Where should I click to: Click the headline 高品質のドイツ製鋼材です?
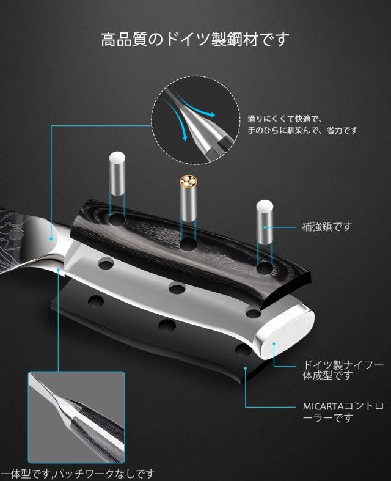(x=195, y=40)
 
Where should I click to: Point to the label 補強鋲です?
(x=327, y=227)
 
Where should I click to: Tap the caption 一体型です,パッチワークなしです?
(x=78, y=474)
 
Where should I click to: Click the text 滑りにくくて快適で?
(x=285, y=119)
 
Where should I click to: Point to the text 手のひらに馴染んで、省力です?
(x=302, y=130)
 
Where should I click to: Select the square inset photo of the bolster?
(x=76, y=418)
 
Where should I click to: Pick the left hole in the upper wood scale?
(x=117, y=218)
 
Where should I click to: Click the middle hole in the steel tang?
(x=177, y=288)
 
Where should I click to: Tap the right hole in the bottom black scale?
(x=243, y=350)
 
